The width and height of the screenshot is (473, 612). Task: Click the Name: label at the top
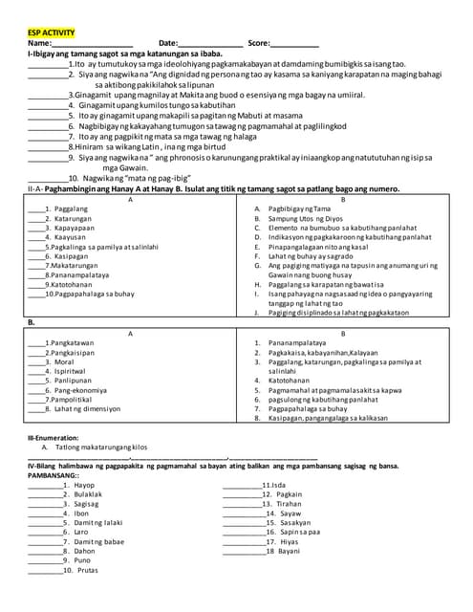coord(40,44)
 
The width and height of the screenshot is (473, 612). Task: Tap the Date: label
coord(168,44)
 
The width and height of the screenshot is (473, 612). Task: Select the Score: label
coord(259,44)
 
